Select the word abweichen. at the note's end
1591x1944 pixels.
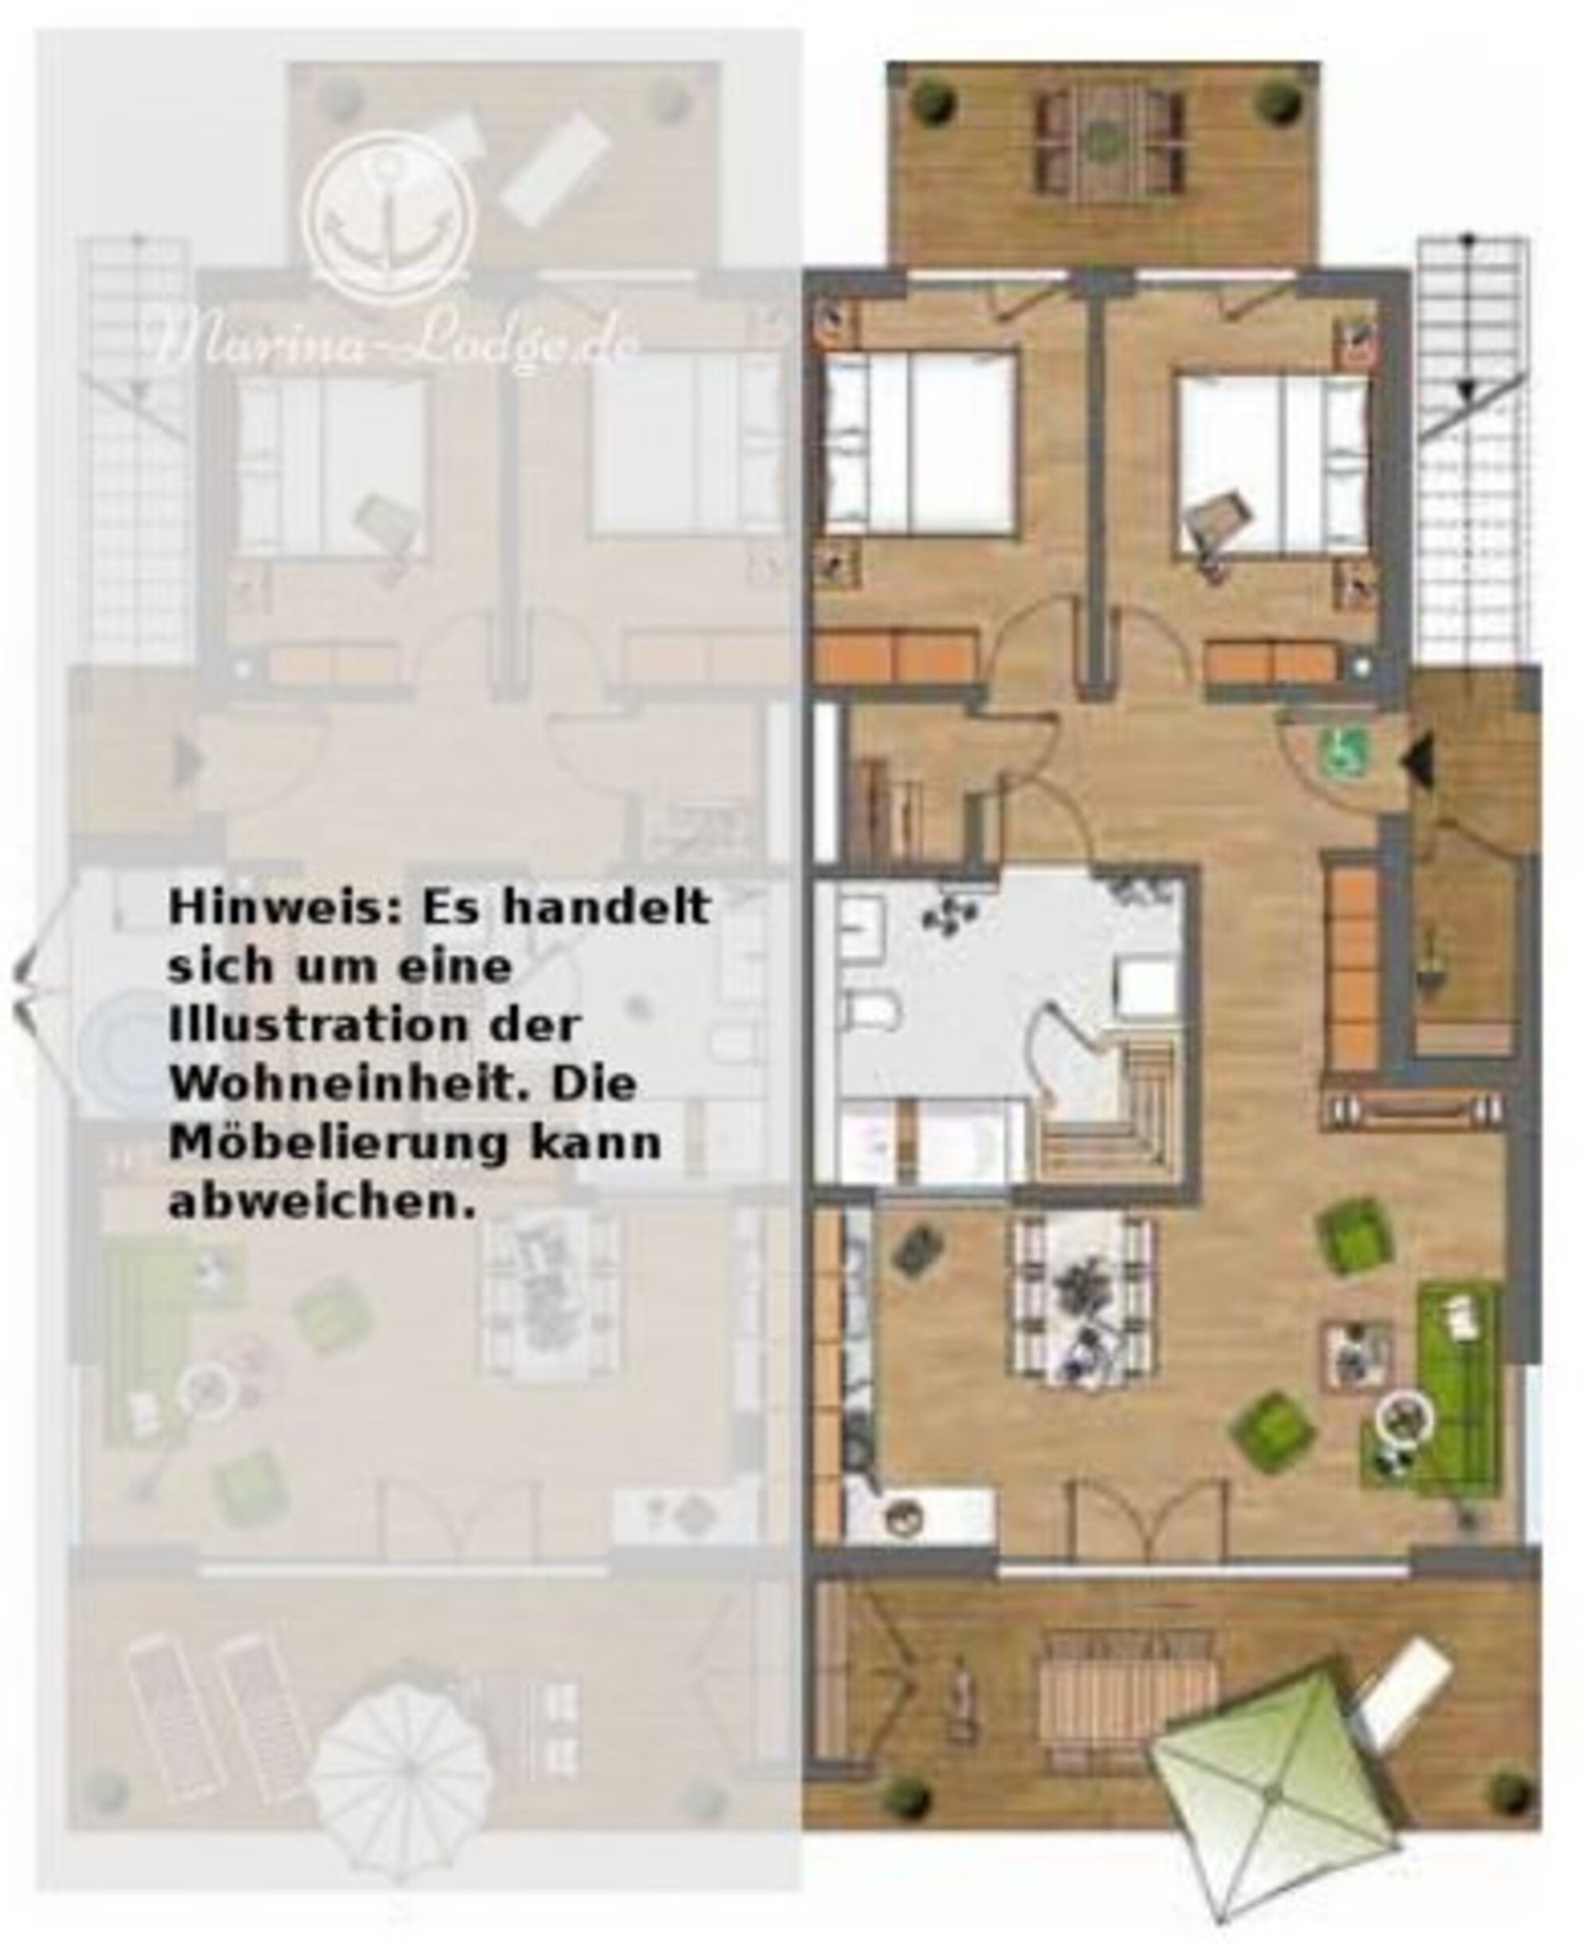[x=323, y=1202]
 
